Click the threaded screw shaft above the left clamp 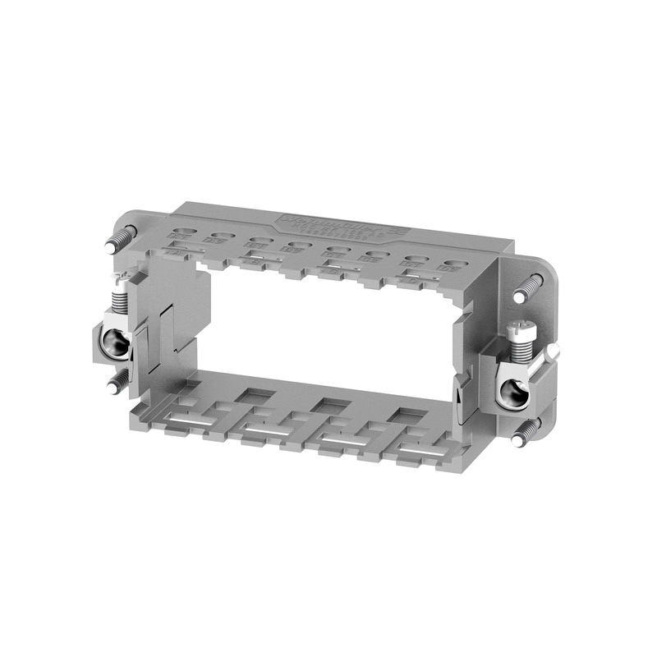[x=119, y=297]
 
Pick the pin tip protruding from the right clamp [x=554, y=351]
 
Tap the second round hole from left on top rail [x=219, y=237]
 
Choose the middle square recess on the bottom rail [x=327, y=406]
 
